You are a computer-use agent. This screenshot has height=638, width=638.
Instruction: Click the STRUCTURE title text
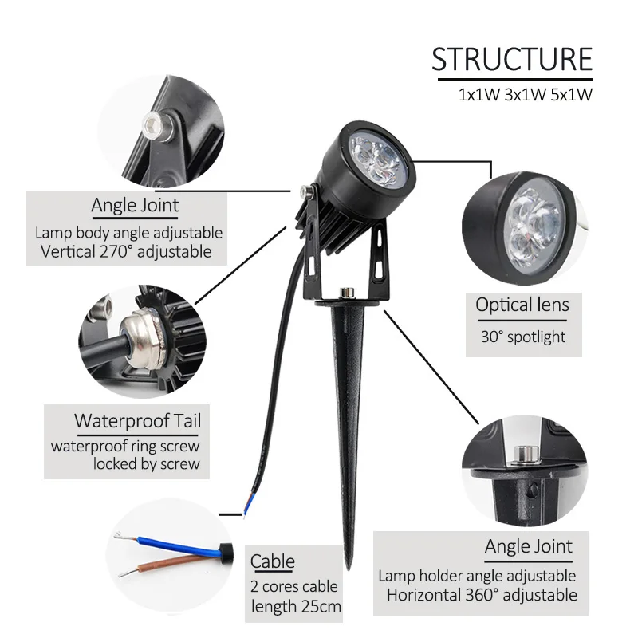coord(512,60)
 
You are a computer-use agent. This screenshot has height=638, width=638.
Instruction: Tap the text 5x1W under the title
coord(571,95)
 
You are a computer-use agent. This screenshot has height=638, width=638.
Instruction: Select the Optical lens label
coord(522,304)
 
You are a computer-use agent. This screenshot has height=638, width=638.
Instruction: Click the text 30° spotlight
coord(522,337)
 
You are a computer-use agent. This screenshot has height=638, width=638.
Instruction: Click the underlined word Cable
coord(273,561)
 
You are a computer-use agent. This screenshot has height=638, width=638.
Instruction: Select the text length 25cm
coord(296,608)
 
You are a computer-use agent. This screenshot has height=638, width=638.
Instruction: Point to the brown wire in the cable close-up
coord(171,569)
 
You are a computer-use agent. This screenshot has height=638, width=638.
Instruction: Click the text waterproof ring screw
coord(126,445)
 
